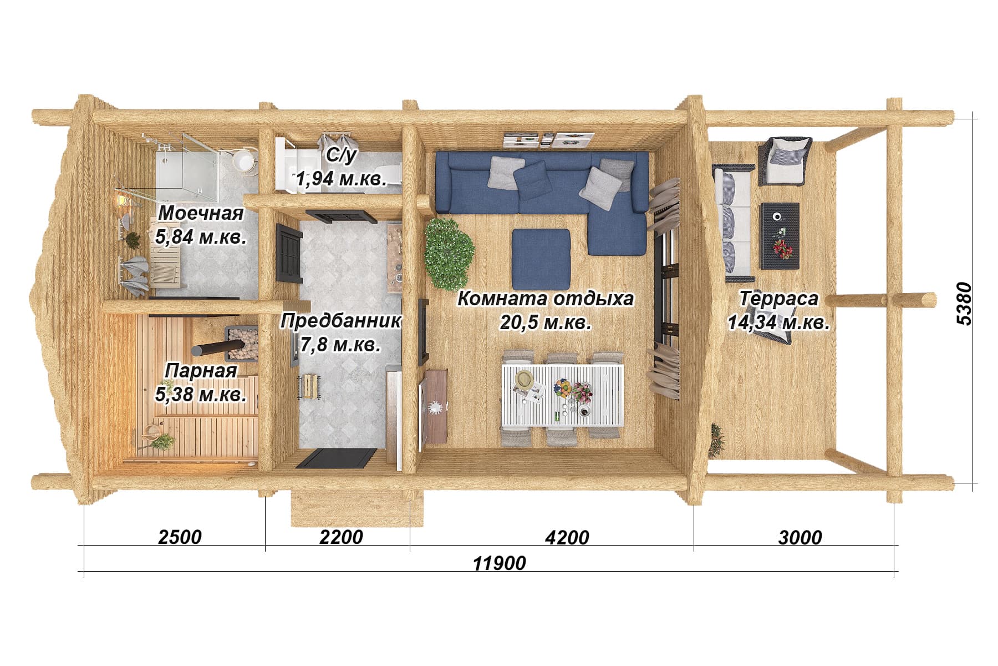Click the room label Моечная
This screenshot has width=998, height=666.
coord(201,213)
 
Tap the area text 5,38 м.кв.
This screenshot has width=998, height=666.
coord(201,395)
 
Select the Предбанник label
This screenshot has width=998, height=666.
coord(341,321)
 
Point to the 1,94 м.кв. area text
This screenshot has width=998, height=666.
coord(341,179)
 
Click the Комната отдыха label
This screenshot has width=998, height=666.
coord(546,299)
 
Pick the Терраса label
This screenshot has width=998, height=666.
coord(778,299)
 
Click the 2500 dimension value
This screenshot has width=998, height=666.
coord(180,537)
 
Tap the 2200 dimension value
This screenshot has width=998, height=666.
coord(341,537)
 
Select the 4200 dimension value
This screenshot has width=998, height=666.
coord(567,537)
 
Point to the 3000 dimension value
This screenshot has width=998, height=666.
coord(800,537)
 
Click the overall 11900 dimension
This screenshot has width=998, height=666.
coord(500,563)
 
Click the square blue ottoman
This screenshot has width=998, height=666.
coord(541,259)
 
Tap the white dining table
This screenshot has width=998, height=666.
coord(563,395)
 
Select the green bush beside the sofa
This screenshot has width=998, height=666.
coord(449,253)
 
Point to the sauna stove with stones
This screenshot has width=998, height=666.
coord(241,345)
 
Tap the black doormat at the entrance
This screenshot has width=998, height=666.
coord(337,458)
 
